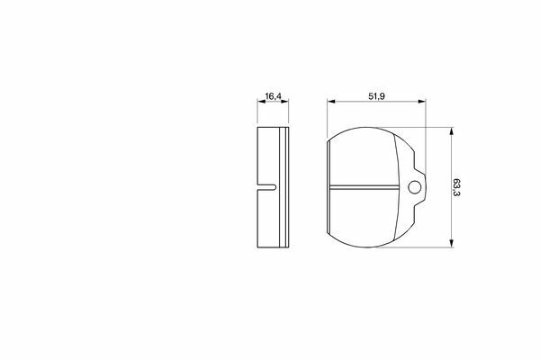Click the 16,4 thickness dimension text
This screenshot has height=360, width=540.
[x=273, y=96]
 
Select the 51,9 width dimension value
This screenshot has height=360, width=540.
[x=376, y=96]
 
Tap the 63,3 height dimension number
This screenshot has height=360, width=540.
[x=456, y=187]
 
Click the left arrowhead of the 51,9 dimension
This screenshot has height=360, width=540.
[x=331, y=102]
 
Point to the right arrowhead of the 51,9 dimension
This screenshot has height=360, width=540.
[x=422, y=102]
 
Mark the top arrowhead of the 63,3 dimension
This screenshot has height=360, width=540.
[x=452, y=131]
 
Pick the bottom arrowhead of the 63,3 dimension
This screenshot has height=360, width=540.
[x=452, y=243]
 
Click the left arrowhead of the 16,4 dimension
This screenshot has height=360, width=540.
[x=261, y=102]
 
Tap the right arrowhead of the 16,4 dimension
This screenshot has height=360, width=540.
[x=284, y=102]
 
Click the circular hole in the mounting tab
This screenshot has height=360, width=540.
[x=414, y=188]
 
